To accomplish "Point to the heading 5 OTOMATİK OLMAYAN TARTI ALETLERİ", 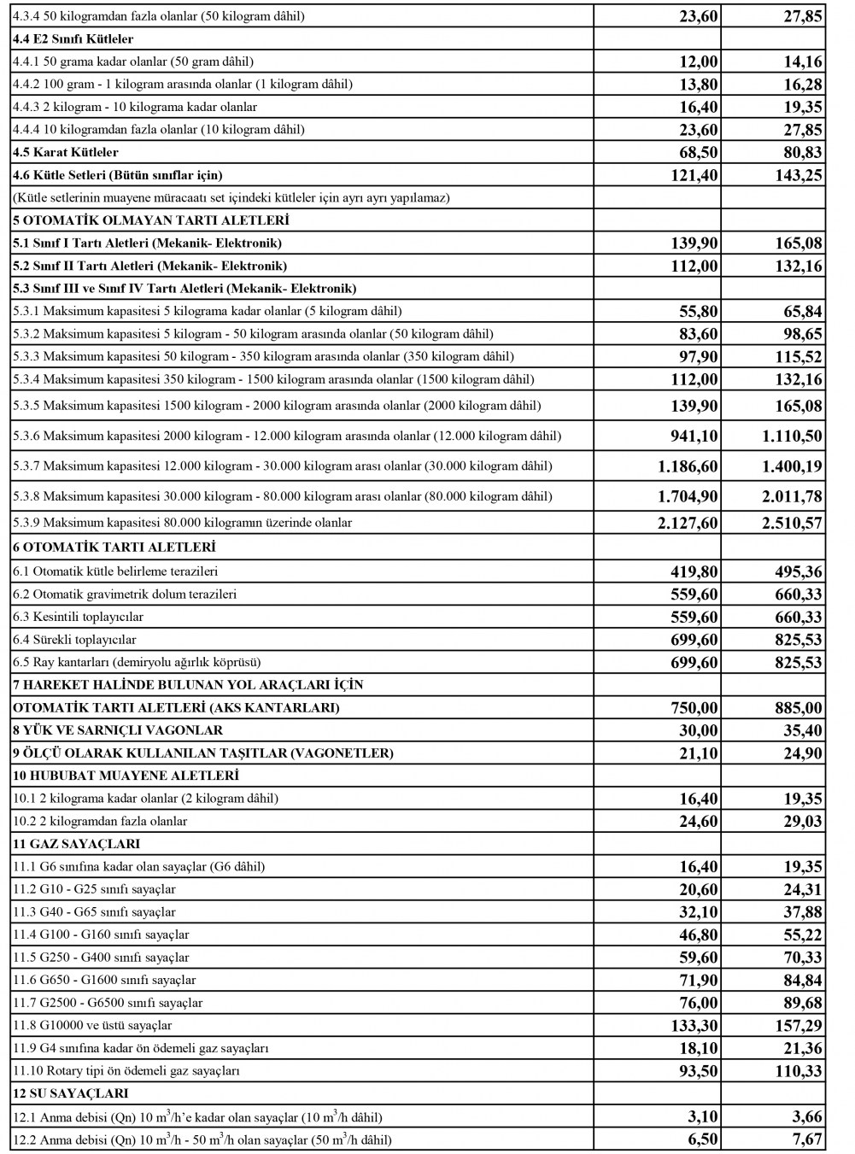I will point(151,220).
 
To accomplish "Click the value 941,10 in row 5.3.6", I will point(694,436).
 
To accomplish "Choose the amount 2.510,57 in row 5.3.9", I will point(792,523).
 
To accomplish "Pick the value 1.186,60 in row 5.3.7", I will point(688,466).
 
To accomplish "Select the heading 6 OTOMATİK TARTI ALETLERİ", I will point(114,547).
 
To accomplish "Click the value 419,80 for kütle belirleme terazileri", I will point(694,571).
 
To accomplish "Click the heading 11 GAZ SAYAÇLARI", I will point(77,844).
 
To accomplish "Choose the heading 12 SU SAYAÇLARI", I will point(71,1093).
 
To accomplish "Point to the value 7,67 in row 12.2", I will point(807,1139).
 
